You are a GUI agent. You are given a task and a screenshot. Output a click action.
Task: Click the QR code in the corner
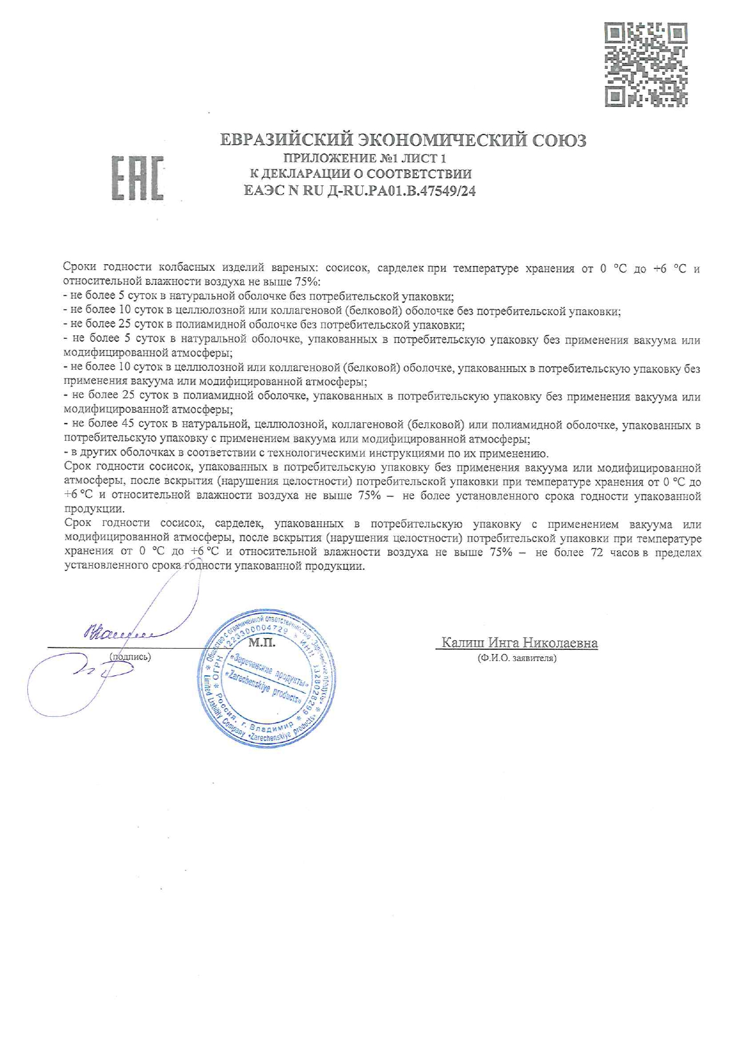click(646, 65)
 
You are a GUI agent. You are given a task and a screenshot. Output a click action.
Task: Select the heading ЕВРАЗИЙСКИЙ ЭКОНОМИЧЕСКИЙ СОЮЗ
click(403, 140)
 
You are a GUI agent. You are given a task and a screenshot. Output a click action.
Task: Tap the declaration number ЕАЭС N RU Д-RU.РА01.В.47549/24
click(360, 191)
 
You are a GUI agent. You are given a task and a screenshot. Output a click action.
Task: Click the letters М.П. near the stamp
click(262, 642)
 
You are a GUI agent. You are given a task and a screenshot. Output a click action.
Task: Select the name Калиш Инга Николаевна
click(519, 643)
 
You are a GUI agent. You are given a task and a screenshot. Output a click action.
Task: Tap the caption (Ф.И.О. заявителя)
click(517, 658)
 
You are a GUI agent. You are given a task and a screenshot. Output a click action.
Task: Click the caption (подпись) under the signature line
click(130, 656)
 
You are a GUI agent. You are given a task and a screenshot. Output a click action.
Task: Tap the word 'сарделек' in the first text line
click(400, 268)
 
